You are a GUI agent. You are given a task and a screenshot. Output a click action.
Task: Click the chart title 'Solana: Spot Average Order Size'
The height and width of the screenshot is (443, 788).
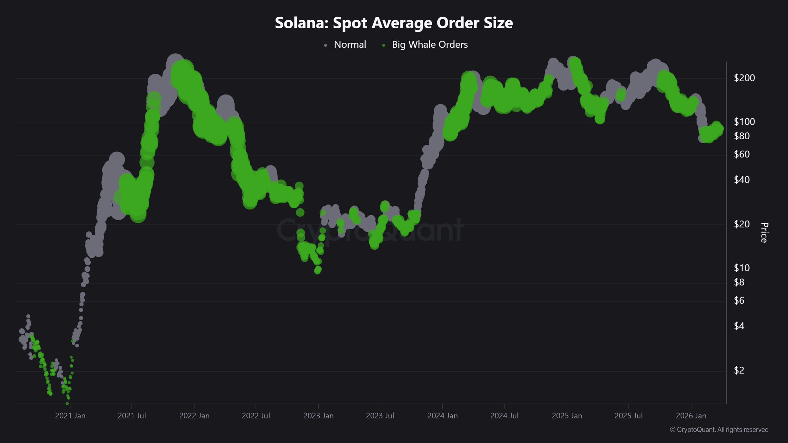click(x=394, y=23)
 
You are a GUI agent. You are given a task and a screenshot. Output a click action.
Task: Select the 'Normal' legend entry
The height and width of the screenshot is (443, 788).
click(x=350, y=45)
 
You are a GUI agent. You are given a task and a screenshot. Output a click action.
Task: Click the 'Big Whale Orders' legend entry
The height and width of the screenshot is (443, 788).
click(x=429, y=45)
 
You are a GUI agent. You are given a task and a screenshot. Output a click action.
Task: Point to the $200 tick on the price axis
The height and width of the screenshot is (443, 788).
click(x=744, y=78)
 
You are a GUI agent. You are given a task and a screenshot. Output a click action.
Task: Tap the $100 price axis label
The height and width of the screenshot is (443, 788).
click(x=744, y=122)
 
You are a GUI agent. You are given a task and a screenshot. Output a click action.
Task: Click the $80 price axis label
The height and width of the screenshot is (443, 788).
click(x=742, y=136)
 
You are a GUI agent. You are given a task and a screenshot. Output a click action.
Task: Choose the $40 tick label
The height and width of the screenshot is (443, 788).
click(x=742, y=180)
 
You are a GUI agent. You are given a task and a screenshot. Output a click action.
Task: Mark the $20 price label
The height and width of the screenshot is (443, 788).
click(x=742, y=224)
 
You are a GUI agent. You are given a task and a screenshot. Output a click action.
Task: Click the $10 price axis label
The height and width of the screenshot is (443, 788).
click(x=742, y=268)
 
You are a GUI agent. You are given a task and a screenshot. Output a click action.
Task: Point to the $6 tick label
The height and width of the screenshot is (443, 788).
click(x=739, y=301)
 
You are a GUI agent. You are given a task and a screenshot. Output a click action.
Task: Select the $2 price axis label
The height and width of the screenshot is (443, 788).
click(x=739, y=370)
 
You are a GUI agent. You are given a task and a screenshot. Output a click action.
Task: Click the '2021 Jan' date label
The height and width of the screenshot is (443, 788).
click(x=70, y=416)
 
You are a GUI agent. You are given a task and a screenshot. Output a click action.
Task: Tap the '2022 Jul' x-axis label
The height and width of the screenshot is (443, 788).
click(x=256, y=416)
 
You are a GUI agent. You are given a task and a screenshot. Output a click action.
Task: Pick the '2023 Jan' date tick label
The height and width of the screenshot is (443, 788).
click(x=318, y=416)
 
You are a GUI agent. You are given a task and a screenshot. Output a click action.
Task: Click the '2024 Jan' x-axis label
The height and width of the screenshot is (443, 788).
click(x=442, y=416)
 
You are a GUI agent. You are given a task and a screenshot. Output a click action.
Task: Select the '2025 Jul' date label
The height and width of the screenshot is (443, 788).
click(x=628, y=416)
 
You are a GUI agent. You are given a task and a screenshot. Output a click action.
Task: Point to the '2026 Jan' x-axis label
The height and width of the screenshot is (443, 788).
click(x=691, y=416)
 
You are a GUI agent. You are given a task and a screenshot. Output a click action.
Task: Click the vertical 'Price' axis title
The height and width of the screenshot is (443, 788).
click(x=764, y=233)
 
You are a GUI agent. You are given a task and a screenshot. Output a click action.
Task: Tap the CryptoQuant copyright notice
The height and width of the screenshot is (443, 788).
click(x=719, y=430)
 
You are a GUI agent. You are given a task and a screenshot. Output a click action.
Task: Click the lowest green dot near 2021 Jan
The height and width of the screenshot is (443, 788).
click(x=67, y=403)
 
